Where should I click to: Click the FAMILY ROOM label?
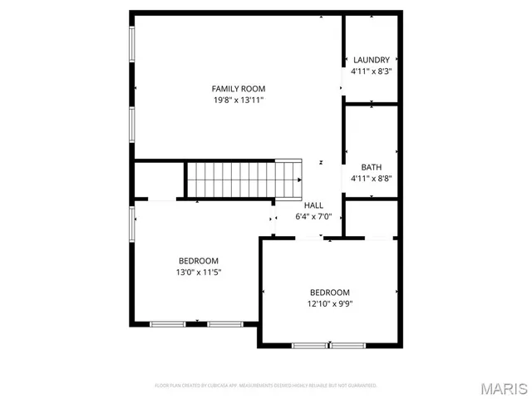pyautogui.click(x=238, y=89)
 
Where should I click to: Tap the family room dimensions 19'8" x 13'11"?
pyautogui.click(x=238, y=100)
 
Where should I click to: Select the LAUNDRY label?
pyautogui.click(x=372, y=60)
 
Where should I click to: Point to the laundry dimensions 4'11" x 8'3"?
pyautogui.click(x=372, y=71)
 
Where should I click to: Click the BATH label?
pyautogui.click(x=372, y=167)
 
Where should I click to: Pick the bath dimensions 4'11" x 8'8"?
pyautogui.click(x=372, y=178)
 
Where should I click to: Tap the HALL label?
pyautogui.click(x=313, y=205)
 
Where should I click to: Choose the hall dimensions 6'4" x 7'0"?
pyautogui.click(x=313, y=217)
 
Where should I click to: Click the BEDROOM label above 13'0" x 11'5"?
pyautogui.click(x=199, y=260)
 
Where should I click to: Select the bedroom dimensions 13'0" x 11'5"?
pyautogui.click(x=199, y=272)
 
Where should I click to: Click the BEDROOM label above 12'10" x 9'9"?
pyautogui.click(x=330, y=292)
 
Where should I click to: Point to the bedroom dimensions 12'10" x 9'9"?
pyautogui.click(x=330, y=303)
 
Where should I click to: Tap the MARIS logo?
pyautogui.click(x=504, y=387)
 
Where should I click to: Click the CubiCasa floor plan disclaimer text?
pyautogui.click(x=266, y=386)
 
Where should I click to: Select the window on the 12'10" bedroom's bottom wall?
pyautogui.click(x=329, y=345)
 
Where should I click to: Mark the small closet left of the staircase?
pyautogui.click(x=158, y=180)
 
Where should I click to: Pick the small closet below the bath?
pyautogui.click(x=371, y=219)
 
